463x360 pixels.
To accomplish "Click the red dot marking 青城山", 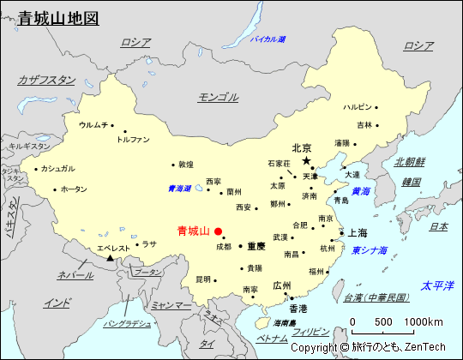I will (218, 231).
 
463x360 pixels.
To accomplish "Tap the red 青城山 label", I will (193, 231).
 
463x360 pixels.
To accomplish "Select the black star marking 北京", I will (306, 160).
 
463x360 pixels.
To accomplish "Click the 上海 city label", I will (358, 232).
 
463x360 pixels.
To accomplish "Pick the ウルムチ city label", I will (93, 125).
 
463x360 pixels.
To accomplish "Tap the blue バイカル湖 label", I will (268, 39).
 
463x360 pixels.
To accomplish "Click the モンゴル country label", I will (218, 97).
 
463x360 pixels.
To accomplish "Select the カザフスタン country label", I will (46, 80).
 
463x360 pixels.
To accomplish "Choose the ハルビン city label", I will (358, 107).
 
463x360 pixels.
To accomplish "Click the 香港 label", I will (298, 308).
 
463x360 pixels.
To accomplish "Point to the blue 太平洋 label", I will (437, 285).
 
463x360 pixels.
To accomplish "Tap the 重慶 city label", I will (256, 246).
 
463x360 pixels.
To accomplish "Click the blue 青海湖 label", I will (179, 189).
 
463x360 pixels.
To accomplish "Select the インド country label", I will (57, 302).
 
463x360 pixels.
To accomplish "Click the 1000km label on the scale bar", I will (424, 321).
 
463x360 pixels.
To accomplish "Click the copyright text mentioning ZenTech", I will (368, 347).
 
